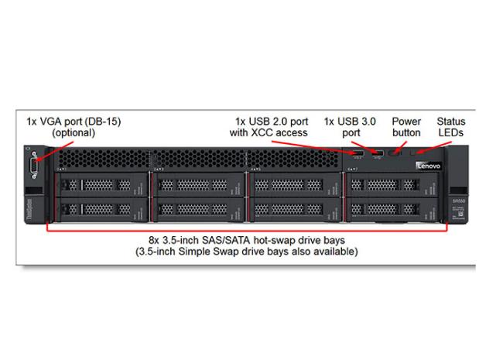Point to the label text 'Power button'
click(406, 127)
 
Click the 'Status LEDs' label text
click(451, 127)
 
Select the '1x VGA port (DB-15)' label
click(74, 122)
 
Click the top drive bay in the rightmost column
click(392, 185)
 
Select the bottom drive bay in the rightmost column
click(392, 209)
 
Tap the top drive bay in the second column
click(198, 185)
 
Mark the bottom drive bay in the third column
click(295, 209)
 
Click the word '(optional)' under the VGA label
click(74, 132)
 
